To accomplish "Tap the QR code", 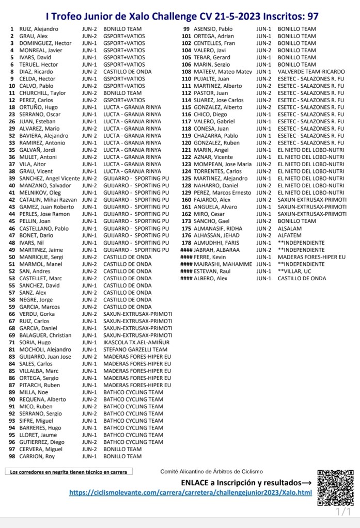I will pyautogui.click(x=335, y=487).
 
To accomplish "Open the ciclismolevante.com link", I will pyautogui.click(x=191, y=492).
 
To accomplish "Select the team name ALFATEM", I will pyautogui.click(x=290, y=235).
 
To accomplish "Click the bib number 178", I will pyautogui.click(x=186, y=243).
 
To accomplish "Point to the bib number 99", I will pyautogui.click(x=186, y=29).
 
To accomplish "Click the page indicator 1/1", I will pyautogui.click(x=343, y=512).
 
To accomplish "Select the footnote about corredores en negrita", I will pyautogui.click(x=68, y=471).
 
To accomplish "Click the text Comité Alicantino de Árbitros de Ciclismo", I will pyautogui.click(x=211, y=471).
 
